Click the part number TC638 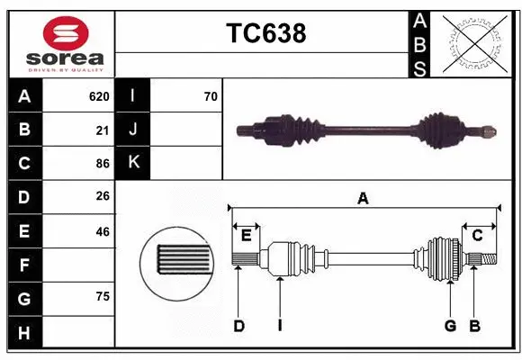(x=265, y=33)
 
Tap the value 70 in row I (x=211, y=95)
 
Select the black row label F (x=24, y=265)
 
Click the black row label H (x=24, y=333)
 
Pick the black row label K (x=133, y=163)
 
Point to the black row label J (x=133, y=130)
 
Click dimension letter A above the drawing (x=364, y=199)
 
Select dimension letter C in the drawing (x=478, y=236)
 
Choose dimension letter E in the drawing (x=246, y=236)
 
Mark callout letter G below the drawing (x=450, y=326)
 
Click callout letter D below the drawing (x=238, y=326)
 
